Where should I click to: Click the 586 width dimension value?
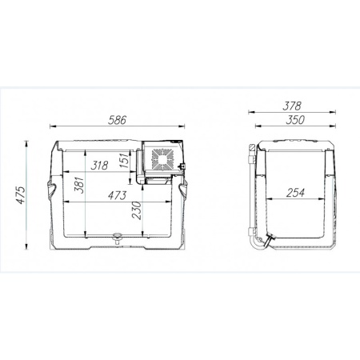pyautogui.click(x=117, y=120)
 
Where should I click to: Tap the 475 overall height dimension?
pyautogui.click(x=21, y=195)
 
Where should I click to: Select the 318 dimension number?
pyautogui.click(x=99, y=166)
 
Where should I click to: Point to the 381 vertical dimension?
pyautogui.click(x=79, y=184)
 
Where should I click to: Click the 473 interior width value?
pyautogui.click(x=117, y=195)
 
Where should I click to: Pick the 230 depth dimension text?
pyautogui.click(x=137, y=210)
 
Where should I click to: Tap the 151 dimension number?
pyautogui.click(x=124, y=160)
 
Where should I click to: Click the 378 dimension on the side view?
pyautogui.click(x=292, y=106)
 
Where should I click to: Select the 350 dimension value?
pyautogui.click(x=295, y=120)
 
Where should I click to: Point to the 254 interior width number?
pyautogui.click(x=295, y=193)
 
